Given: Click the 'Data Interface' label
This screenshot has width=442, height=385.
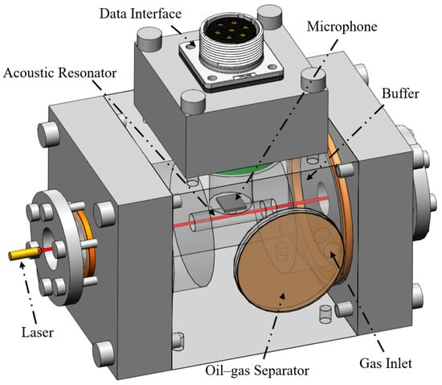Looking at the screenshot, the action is [141, 14].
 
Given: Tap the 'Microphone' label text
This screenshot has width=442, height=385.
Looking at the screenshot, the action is [342, 27].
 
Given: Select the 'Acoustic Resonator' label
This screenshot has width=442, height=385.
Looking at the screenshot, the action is [60, 72].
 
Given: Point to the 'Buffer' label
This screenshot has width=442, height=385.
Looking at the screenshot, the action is [400, 93].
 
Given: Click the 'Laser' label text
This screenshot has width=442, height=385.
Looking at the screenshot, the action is [38, 332].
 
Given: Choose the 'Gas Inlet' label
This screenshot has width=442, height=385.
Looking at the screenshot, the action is [386, 363].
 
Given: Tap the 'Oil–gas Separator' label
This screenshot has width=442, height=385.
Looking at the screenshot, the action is [257, 371].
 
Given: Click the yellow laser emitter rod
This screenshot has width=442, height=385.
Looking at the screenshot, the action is [24, 253].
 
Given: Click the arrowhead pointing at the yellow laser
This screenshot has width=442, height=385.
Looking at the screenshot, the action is [22, 264].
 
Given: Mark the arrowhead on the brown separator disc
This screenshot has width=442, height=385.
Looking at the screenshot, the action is [281, 296].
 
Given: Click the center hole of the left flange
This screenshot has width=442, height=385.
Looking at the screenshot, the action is [51, 248].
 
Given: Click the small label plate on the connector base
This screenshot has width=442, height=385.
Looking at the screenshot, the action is [244, 76].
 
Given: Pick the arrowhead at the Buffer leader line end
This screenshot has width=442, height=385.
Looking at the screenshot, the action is [310, 176].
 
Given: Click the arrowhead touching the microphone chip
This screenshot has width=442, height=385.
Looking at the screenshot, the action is [238, 197].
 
